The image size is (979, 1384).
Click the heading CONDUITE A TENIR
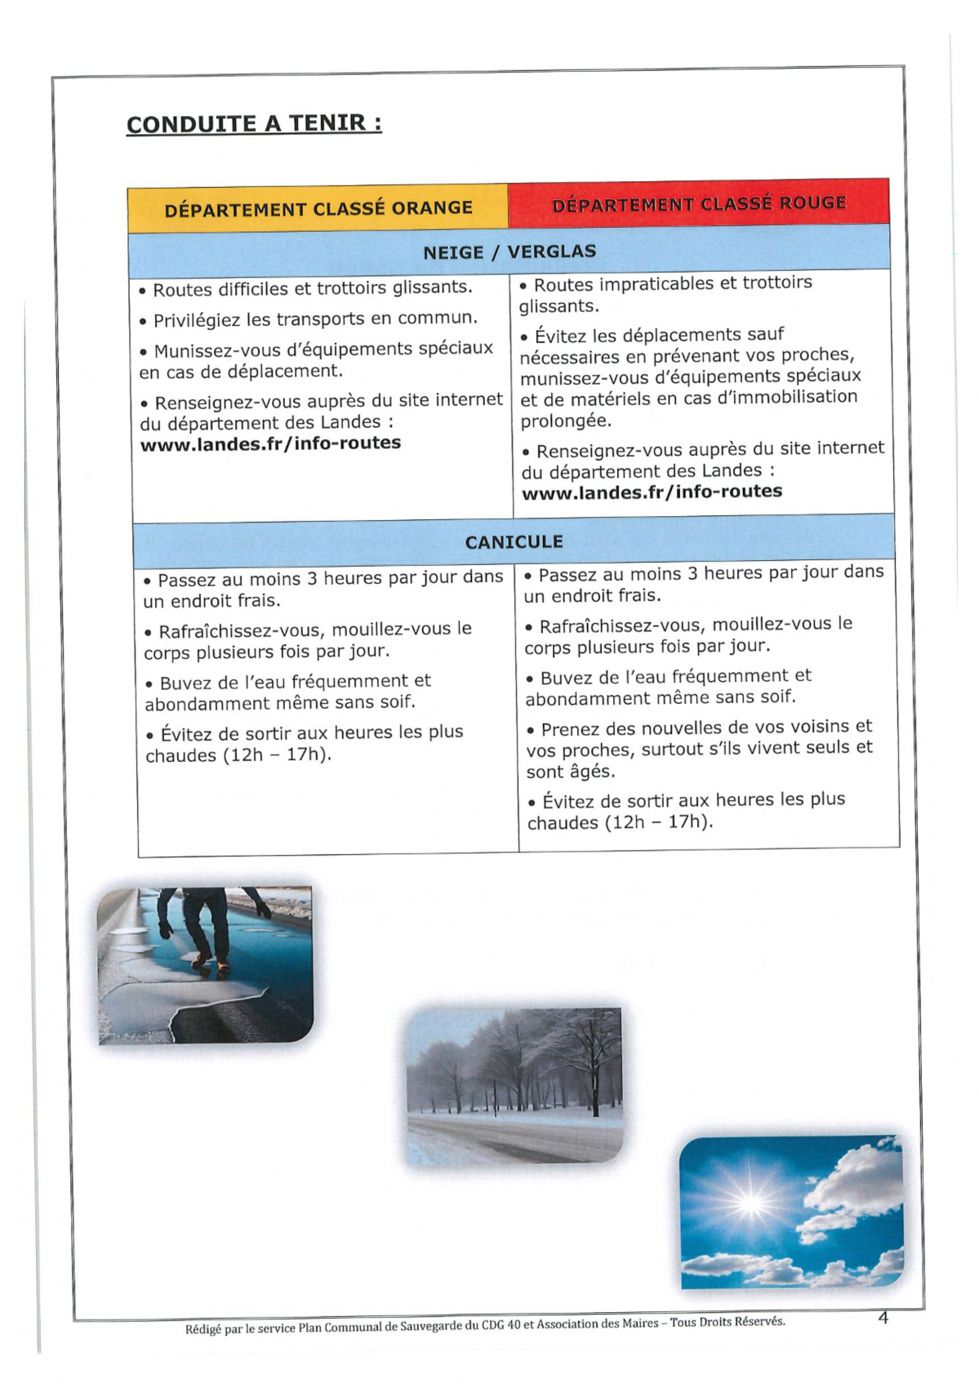tap(253, 124)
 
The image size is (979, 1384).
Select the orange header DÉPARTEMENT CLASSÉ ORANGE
tap(318, 208)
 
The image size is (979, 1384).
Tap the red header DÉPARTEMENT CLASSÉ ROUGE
tap(699, 203)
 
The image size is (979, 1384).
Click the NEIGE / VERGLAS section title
tap(510, 251)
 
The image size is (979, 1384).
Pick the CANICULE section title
tap(514, 542)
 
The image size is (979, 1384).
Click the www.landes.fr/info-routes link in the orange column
tap(270, 443)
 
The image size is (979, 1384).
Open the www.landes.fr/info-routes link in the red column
tap(652, 492)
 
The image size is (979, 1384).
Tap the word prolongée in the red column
tap(566, 421)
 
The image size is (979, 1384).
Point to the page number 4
tap(883, 1318)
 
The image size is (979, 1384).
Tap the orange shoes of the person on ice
tap(211, 963)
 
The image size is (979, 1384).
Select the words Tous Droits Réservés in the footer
tap(727, 1322)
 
